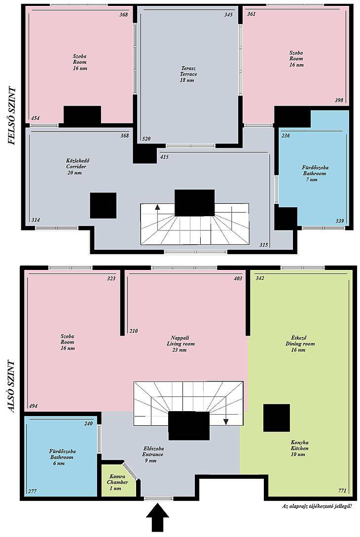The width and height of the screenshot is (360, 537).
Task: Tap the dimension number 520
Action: tap(146, 139)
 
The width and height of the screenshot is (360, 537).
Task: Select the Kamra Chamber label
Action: tap(117, 482)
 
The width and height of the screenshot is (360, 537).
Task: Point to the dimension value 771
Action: tap(342, 491)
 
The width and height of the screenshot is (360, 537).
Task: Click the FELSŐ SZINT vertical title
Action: tap(12, 116)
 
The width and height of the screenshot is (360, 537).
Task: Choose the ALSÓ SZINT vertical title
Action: tap(12, 386)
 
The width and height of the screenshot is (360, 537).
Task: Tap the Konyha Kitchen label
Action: tap(299, 448)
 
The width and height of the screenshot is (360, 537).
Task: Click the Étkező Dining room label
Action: tap(300, 344)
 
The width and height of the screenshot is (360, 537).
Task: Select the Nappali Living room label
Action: tap(180, 344)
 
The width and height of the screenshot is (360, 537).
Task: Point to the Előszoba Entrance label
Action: tap(153, 455)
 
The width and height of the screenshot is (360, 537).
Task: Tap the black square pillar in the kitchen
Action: tap(277, 418)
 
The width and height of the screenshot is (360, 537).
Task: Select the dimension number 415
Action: tap(164, 157)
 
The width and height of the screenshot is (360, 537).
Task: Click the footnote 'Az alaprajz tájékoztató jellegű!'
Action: tap(317, 506)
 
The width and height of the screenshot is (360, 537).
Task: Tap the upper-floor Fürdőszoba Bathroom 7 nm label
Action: tap(315, 174)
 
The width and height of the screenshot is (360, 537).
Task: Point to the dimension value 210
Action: tap(134, 331)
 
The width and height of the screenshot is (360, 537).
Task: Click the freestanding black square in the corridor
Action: tap(103, 205)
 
